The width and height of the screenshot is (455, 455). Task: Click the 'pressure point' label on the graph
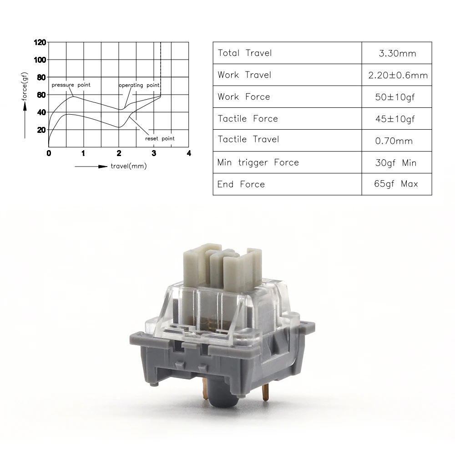[x=71, y=85]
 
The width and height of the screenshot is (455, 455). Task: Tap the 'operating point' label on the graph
[x=139, y=86]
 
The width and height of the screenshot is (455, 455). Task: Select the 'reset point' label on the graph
[x=160, y=139]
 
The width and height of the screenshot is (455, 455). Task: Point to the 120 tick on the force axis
[x=40, y=42]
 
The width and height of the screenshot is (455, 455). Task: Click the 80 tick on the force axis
[x=41, y=77]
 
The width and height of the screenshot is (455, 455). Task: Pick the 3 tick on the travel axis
[x=154, y=153]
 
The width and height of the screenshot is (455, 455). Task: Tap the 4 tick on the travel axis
[x=189, y=153]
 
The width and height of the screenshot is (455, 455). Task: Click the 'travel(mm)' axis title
[x=129, y=166]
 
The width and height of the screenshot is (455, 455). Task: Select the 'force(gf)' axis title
[x=25, y=86]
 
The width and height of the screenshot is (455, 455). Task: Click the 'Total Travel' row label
[x=245, y=53]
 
